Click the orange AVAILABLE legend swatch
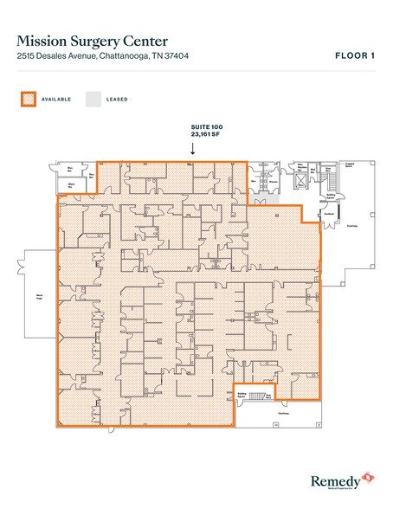[x=28, y=99]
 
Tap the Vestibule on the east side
[x=330, y=217]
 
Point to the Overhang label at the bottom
[x=283, y=413]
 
